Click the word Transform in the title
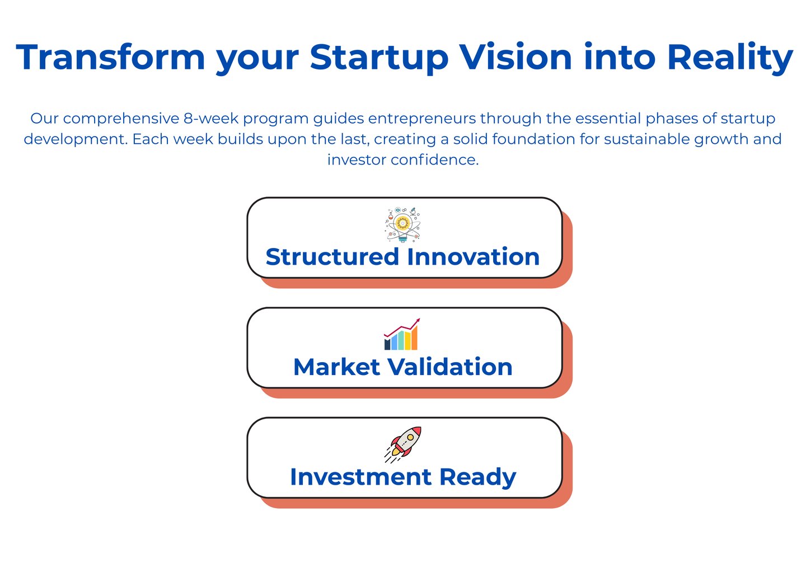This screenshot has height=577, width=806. (x=110, y=57)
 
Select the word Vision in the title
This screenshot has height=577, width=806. (x=516, y=57)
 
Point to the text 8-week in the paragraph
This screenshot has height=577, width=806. (x=211, y=118)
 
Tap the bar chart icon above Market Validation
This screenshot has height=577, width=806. (x=401, y=334)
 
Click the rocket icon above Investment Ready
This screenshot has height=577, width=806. (x=402, y=444)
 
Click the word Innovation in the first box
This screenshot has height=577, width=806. (x=473, y=257)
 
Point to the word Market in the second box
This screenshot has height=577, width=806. (x=337, y=367)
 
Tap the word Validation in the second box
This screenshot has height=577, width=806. (x=450, y=367)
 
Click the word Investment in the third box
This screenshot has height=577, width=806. (x=360, y=477)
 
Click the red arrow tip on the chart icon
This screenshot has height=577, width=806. (x=419, y=319)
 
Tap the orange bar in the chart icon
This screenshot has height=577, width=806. (x=414, y=338)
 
